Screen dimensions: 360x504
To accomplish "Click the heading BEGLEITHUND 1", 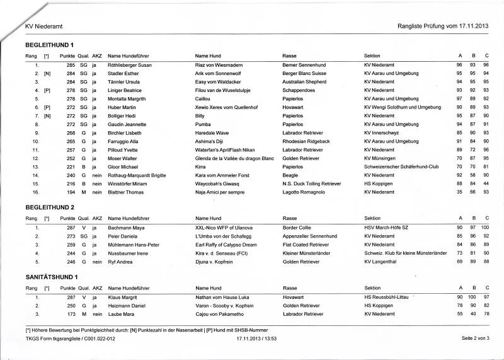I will coord(50,45).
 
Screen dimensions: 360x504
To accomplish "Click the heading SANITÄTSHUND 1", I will coord(52,277).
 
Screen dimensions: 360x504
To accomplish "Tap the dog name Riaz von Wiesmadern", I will coord(219,65).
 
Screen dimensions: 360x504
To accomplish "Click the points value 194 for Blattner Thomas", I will coord(71,192).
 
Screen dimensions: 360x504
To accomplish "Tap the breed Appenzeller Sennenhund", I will coord(311,235).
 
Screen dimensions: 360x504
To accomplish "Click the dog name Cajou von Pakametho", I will coord(220,313).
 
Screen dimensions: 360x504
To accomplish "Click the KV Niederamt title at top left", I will coord(43,26).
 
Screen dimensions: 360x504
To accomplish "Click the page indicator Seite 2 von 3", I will coord(475,339).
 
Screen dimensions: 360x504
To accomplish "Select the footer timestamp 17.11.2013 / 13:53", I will coord(257,339).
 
